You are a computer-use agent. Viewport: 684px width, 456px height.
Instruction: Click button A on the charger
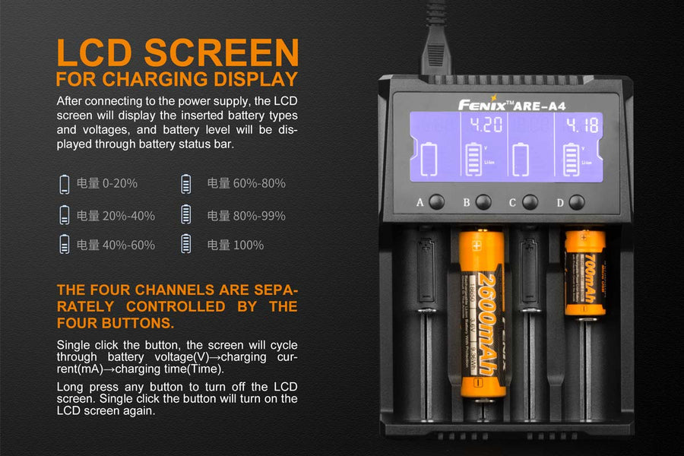click(436, 202)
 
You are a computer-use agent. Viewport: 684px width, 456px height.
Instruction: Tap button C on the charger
click(530, 202)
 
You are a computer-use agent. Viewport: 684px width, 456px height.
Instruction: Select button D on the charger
click(577, 202)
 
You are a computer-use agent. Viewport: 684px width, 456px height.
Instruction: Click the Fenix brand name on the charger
click(484, 105)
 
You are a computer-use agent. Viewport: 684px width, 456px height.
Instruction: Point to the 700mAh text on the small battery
click(590, 283)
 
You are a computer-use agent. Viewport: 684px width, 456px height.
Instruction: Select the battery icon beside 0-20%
click(65, 183)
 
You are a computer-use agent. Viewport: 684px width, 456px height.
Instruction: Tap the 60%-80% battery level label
click(246, 183)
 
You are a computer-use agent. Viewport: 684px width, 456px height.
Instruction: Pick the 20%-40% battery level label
click(116, 215)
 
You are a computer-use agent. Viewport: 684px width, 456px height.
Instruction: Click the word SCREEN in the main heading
click(222, 53)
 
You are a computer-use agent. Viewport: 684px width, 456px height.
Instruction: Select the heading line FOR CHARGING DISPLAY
click(176, 79)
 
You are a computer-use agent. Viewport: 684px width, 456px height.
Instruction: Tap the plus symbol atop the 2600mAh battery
click(477, 245)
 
